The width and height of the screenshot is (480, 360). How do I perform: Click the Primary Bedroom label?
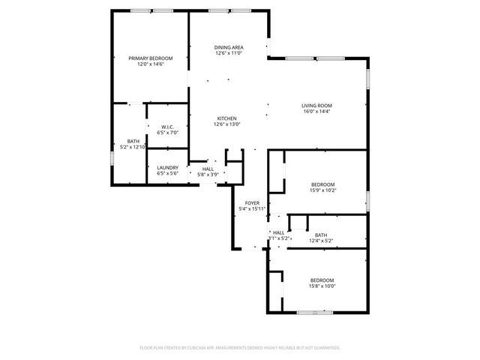coord(150,58)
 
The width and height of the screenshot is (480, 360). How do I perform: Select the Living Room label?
coord(317,106)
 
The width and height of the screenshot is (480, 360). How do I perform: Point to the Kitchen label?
coord(227,118)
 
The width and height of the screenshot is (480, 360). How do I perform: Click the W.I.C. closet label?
coord(167,127)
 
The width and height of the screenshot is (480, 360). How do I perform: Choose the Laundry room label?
coord(167,167)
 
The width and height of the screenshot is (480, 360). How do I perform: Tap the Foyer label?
coord(252,202)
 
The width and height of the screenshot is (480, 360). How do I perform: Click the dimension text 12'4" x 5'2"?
coord(321,241)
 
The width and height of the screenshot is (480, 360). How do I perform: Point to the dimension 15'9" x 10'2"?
coord(322,190)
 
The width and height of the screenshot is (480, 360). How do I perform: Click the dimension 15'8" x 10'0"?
coord(322,286)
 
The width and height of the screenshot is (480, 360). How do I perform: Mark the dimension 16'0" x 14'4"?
coord(317,112)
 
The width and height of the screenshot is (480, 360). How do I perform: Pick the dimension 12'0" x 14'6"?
coord(150,64)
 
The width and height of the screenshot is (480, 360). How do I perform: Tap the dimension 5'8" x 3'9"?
coord(208,175)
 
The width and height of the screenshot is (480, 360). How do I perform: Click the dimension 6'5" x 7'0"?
coord(167,133)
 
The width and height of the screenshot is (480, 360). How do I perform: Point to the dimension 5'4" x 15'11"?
coord(252,208)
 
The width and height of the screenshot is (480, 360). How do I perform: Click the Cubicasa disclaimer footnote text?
coord(239,348)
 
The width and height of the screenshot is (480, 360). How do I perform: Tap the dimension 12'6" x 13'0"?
coord(227,124)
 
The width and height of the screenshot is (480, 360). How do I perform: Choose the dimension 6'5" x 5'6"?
coord(167,173)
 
